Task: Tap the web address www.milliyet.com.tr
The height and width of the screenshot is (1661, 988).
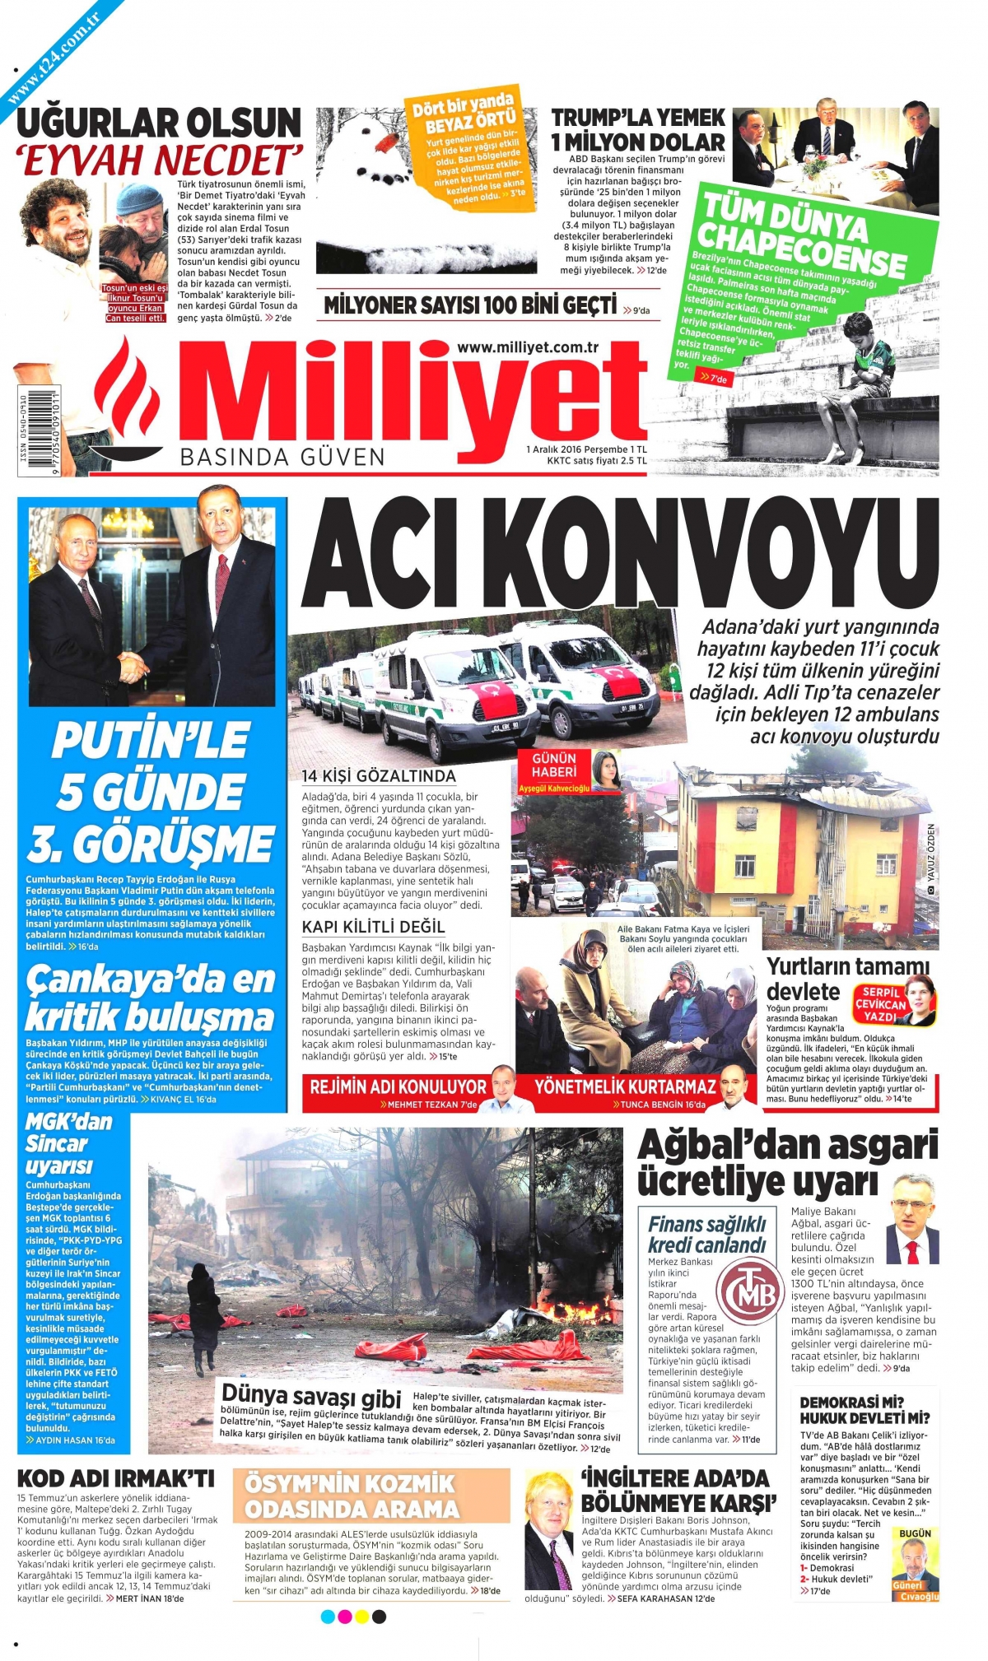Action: pos(528,347)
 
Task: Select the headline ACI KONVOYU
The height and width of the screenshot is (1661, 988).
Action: pos(619,552)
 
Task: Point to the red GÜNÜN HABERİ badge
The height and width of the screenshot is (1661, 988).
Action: pos(554,765)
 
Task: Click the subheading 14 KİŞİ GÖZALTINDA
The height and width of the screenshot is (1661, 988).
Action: pos(378,775)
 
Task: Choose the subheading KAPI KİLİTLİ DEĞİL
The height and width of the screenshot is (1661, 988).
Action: pos(373,927)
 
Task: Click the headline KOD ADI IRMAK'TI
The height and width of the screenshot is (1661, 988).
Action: pos(115,1479)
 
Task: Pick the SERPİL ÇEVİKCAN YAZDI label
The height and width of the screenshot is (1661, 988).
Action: pos(881,1004)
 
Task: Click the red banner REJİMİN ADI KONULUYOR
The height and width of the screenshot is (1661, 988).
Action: pos(398,1086)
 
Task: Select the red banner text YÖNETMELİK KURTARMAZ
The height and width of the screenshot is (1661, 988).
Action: pos(624,1086)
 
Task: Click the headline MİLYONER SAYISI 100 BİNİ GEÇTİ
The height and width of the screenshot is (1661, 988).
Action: pos(470,305)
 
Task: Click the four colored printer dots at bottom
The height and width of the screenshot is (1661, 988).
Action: pos(353,1617)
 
